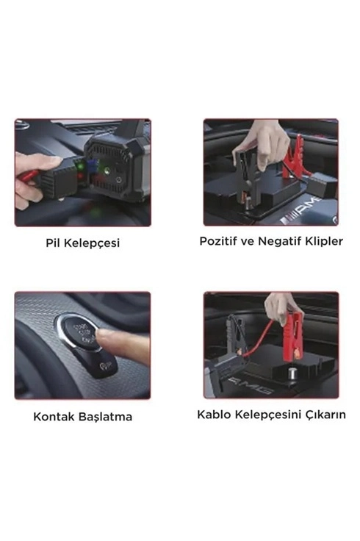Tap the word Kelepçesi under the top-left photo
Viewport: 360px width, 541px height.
(93, 244)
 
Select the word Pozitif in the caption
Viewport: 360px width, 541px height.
(223, 241)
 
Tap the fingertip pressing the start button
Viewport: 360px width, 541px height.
(101, 335)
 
